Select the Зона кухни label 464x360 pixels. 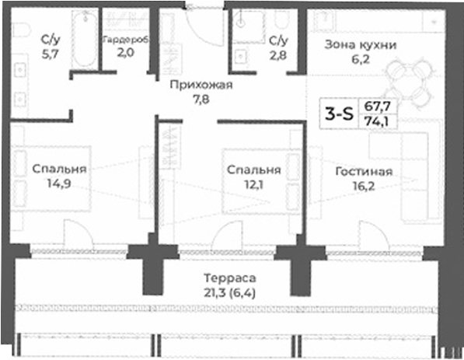pyautogui.click(x=360, y=44)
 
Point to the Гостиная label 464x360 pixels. pyautogui.click(x=364, y=172)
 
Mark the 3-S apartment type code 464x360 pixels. pyautogui.click(x=340, y=114)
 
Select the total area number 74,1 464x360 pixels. pyautogui.click(x=377, y=121)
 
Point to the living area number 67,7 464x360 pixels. pyautogui.click(x=377, y=107)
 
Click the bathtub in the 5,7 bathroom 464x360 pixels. pyautogui.click(x=84, y=40)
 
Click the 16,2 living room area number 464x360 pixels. pyautogui.click(x=364, y=186)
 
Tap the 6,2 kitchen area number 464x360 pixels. pyautogui.click(x=360, y=58)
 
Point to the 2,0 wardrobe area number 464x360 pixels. pyautogui.click(x=125, y=53)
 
